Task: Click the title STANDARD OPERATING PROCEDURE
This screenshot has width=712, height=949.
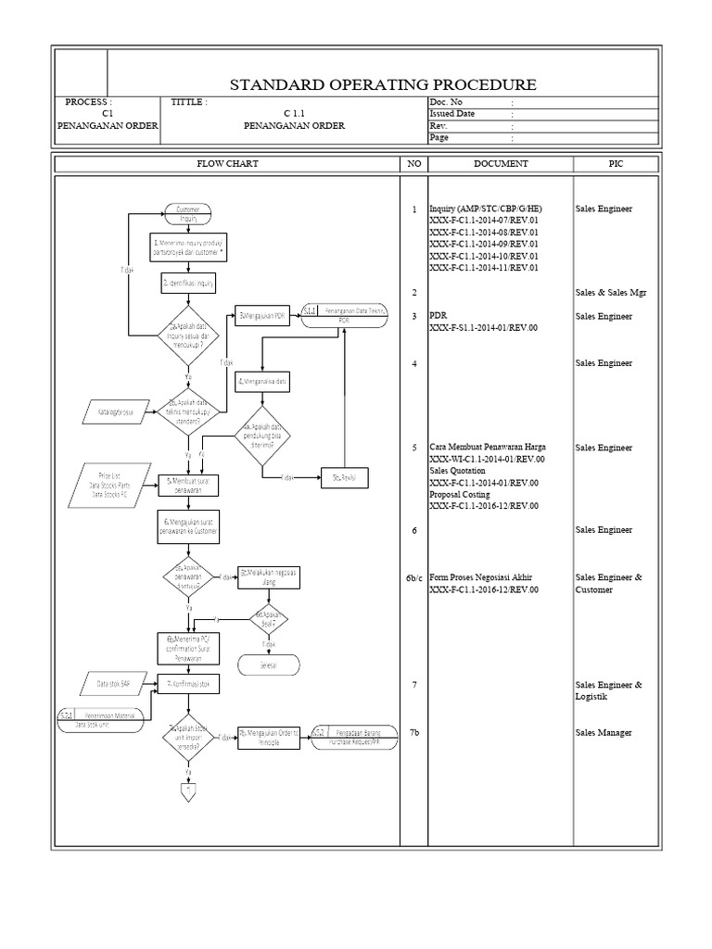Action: (x=382, y=85)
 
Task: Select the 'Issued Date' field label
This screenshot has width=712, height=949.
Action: (x=452, y=113)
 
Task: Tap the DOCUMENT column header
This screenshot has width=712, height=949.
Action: (x=501, y=163)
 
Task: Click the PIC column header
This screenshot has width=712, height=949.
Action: (x=616, y=163)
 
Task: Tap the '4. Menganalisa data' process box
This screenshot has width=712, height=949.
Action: (x=262, y=380)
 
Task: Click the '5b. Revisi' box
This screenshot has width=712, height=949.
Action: (x=344, y=477)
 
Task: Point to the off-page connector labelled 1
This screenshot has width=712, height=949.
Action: (x=188, y=791)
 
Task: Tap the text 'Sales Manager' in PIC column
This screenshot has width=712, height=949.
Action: (x=603, y=732)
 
